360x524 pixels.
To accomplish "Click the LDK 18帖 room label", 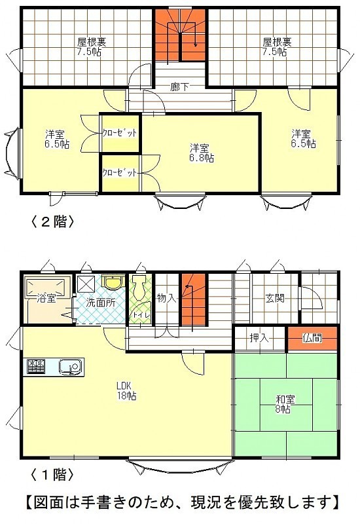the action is pos(126,390).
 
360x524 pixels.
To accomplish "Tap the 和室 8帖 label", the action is pos(285,404).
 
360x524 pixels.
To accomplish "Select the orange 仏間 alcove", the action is pos(312,339).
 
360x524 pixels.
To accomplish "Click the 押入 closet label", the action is pos(259,338).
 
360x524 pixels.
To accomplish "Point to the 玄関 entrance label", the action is pos(275,298).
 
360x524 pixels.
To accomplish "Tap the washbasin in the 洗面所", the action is pos(113,282).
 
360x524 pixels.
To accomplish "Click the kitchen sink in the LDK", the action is pos(70,367).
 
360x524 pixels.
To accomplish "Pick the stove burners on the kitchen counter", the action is pos(36,367).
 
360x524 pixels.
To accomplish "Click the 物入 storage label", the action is pos(166,298).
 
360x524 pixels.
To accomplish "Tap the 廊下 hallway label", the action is pos(179,88).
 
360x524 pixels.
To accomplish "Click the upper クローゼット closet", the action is pos(120,133).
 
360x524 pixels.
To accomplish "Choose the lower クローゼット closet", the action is pos(120,173).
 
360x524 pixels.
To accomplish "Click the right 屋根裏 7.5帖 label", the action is pos(277,47).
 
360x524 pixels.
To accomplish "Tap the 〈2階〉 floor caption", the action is pos(52,221).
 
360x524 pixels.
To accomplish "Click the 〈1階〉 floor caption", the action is pos(52,474).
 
